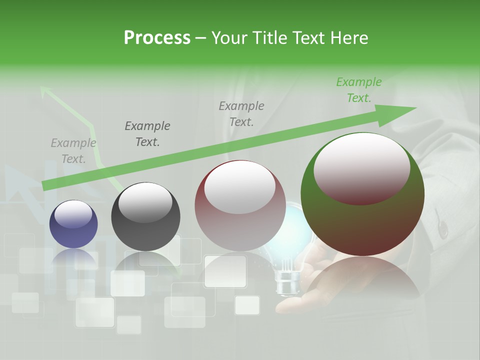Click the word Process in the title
coord(157,38)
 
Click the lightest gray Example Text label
coord(73,151)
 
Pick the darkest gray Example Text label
coord(147,134)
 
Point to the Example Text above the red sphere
coord(241,113)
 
